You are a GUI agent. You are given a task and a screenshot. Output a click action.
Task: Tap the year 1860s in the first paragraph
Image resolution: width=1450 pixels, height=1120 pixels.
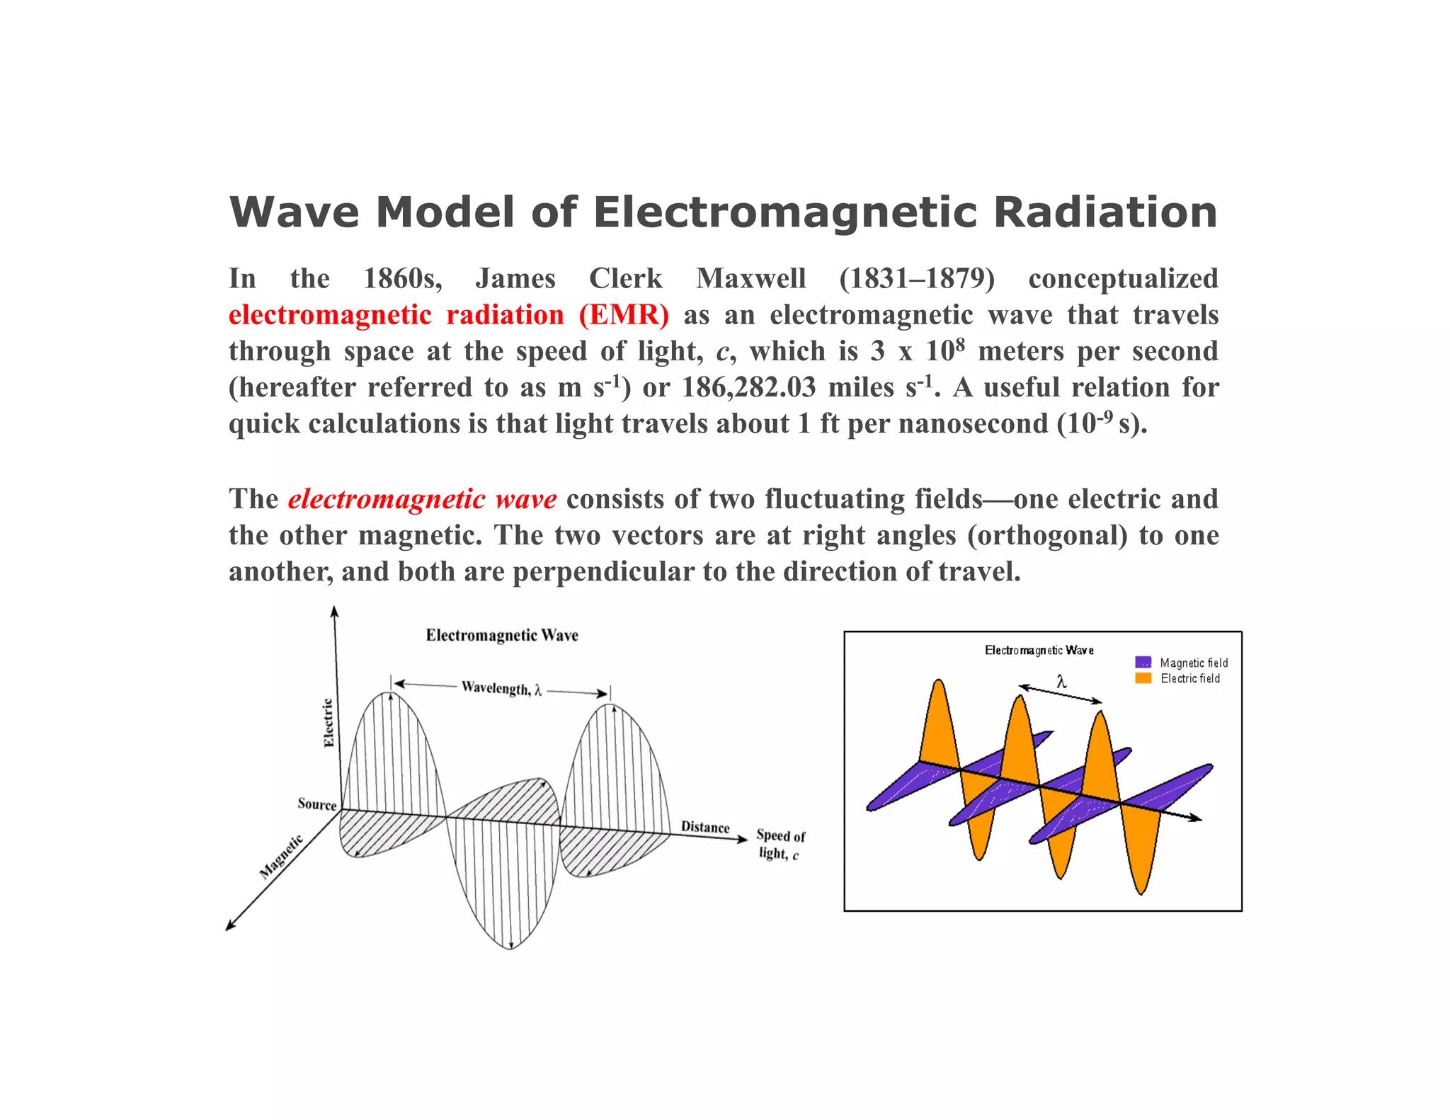click(x=402, y=278)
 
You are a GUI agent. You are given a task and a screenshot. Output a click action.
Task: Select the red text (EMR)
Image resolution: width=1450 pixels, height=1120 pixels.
click(x=623, y=315)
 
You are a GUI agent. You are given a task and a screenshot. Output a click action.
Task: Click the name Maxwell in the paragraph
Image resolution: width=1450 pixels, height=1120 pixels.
click(x=750, y=278)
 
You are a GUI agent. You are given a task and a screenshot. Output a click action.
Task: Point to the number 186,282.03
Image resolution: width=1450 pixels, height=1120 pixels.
click(x=748, y=387)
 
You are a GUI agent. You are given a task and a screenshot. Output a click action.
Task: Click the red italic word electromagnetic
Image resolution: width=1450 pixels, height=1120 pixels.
click(x=387, y=499)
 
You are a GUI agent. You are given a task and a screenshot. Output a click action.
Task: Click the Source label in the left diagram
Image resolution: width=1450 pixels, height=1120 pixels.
click(x=316, y=804)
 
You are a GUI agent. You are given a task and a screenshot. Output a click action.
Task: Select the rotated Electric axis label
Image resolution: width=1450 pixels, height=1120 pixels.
click(x=329, y=722)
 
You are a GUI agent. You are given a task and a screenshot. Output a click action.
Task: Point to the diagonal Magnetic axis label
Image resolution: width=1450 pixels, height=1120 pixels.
click(x=280, y=857)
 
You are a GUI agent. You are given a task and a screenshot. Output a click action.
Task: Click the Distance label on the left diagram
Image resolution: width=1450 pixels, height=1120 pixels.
click(x=704, y=827)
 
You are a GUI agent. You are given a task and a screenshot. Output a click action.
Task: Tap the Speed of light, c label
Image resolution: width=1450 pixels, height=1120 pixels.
click(x=780, y=845)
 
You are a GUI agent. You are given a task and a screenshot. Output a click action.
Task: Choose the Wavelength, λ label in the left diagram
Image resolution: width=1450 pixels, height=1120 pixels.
click(x=501, y=688)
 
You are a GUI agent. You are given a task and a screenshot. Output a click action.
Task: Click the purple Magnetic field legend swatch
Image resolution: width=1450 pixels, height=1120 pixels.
click(x=1143, y=663)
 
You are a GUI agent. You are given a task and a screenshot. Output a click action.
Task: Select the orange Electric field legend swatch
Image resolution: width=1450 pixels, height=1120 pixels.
click(x=1143, y=678)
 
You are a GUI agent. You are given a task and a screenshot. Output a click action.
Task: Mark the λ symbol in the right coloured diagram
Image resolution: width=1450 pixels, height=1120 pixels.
click(x=1061, y=682)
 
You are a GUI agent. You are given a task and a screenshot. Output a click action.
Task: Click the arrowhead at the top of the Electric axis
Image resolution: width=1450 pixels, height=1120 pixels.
click(x=334, y=611)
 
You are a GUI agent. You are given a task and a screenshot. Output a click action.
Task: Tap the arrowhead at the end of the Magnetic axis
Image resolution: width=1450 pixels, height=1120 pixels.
click(x=229, y=926)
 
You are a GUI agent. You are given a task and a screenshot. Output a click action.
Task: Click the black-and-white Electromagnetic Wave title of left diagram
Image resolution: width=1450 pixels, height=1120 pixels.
click(x=502, y=635)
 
